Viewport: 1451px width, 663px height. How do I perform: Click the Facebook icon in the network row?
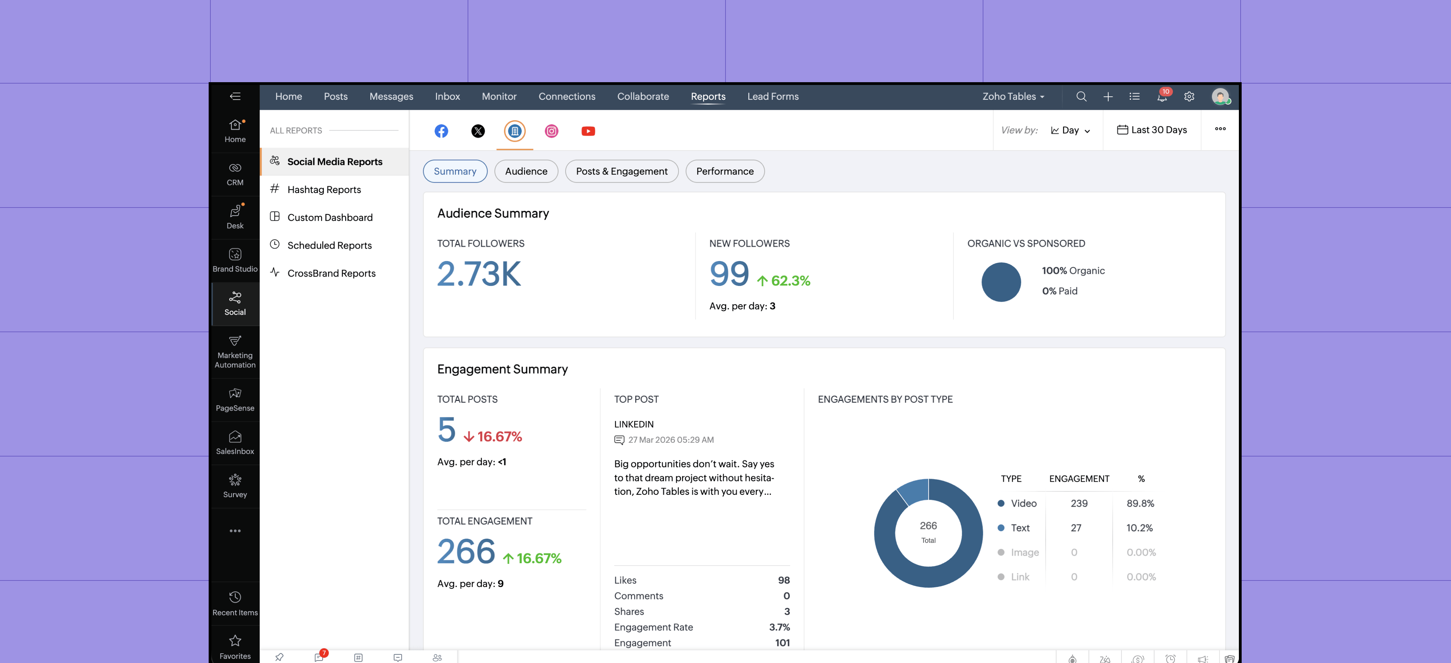[x=441, y=131]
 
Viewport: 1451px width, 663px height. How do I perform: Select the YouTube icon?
[x=588, y=131]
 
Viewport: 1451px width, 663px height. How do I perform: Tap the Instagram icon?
[x=551, y=131]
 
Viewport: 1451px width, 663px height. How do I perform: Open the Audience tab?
[x=525, y=171]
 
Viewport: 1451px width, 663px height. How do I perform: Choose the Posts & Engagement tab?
[x=621, y=171]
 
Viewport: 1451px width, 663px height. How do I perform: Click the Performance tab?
[x=724, y=171]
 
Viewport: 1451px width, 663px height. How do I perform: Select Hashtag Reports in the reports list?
[x=324, y=190]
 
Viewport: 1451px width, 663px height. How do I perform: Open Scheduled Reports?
[x=329, y=246]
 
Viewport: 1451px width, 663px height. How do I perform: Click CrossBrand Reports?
[x=331, y=273]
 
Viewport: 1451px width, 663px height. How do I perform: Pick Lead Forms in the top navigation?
[x=773, y=96]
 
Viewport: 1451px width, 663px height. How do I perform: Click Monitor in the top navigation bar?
[x=499, y=96]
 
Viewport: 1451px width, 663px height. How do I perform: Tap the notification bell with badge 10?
[x=1161, y=97]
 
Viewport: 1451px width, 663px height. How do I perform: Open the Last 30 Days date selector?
[x=1152, y=130]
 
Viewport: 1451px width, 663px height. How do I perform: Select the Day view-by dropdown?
[x=1070, y=130]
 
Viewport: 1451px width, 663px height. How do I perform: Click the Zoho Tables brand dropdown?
[x=1013, y=96]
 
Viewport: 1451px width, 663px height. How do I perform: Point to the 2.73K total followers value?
[x=479, y=274]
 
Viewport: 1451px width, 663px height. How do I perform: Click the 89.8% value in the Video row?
[x=1140, y=503]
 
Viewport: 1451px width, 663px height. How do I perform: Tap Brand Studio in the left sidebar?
[x=235, y=260]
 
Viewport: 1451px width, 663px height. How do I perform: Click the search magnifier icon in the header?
[x=1081, y=97]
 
